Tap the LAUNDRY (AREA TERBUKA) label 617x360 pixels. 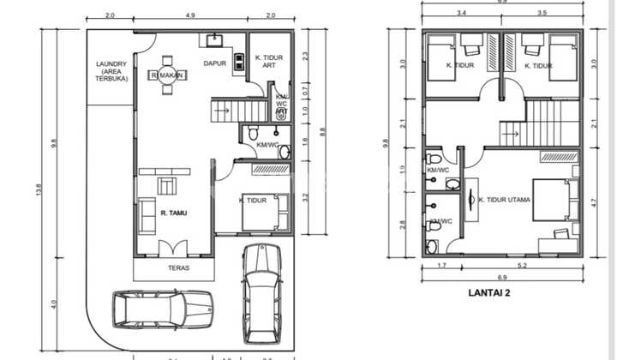(x=111, y=70)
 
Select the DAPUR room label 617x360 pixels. (x=214, y=63)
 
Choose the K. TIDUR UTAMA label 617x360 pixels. (x=505, y=201)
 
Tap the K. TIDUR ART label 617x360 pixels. (x=269, y=62)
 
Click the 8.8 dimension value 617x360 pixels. (x=322, y=131)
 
